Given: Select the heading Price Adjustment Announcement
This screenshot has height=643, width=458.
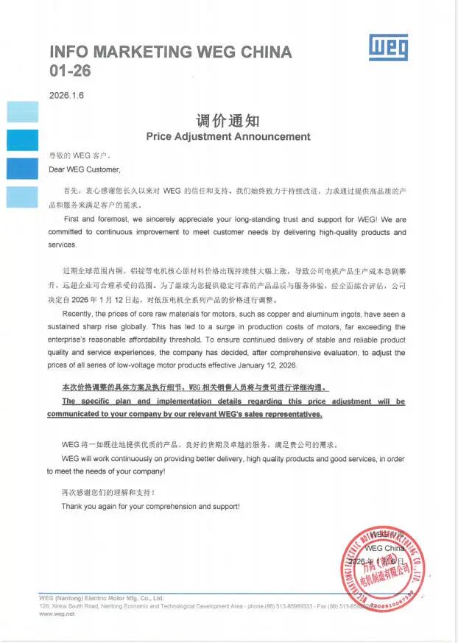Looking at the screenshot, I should click(x=228, y=136).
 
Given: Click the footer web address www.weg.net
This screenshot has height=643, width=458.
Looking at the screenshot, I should click(x=57, y=614).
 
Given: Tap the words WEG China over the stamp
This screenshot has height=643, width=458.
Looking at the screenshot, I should click(x=385, y=548).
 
